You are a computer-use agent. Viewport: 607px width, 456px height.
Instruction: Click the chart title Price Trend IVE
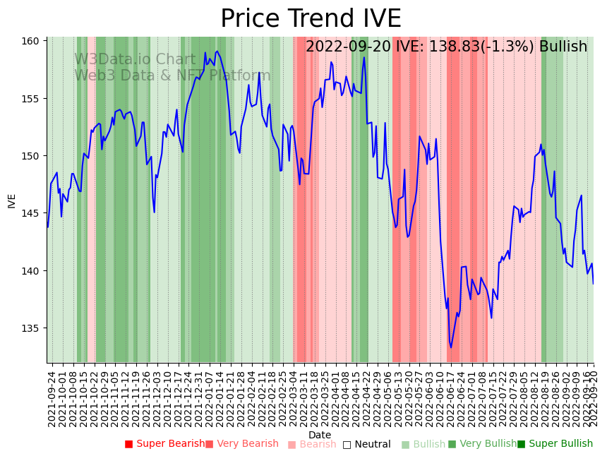point(311,19)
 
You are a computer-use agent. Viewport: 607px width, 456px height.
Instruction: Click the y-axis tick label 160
point(30,41)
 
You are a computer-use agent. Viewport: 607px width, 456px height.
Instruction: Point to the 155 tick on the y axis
point(30,98)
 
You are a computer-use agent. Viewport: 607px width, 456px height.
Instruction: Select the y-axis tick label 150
point(30,156)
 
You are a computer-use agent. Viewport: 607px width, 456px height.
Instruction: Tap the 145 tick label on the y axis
point(30,213)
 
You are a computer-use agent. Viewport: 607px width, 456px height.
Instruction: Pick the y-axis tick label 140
point(30,271)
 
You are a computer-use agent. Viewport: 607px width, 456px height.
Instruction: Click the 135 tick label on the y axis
point(30,328)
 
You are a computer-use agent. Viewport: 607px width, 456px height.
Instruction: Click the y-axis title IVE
point(12,200)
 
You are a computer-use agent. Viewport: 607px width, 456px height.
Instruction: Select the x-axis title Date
point(320,435)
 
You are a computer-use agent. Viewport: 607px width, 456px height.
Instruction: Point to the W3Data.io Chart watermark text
point(135,60)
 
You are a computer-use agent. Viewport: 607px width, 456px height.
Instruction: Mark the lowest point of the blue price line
point(451,347)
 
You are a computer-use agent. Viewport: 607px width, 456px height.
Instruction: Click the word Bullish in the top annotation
point(563,47)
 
